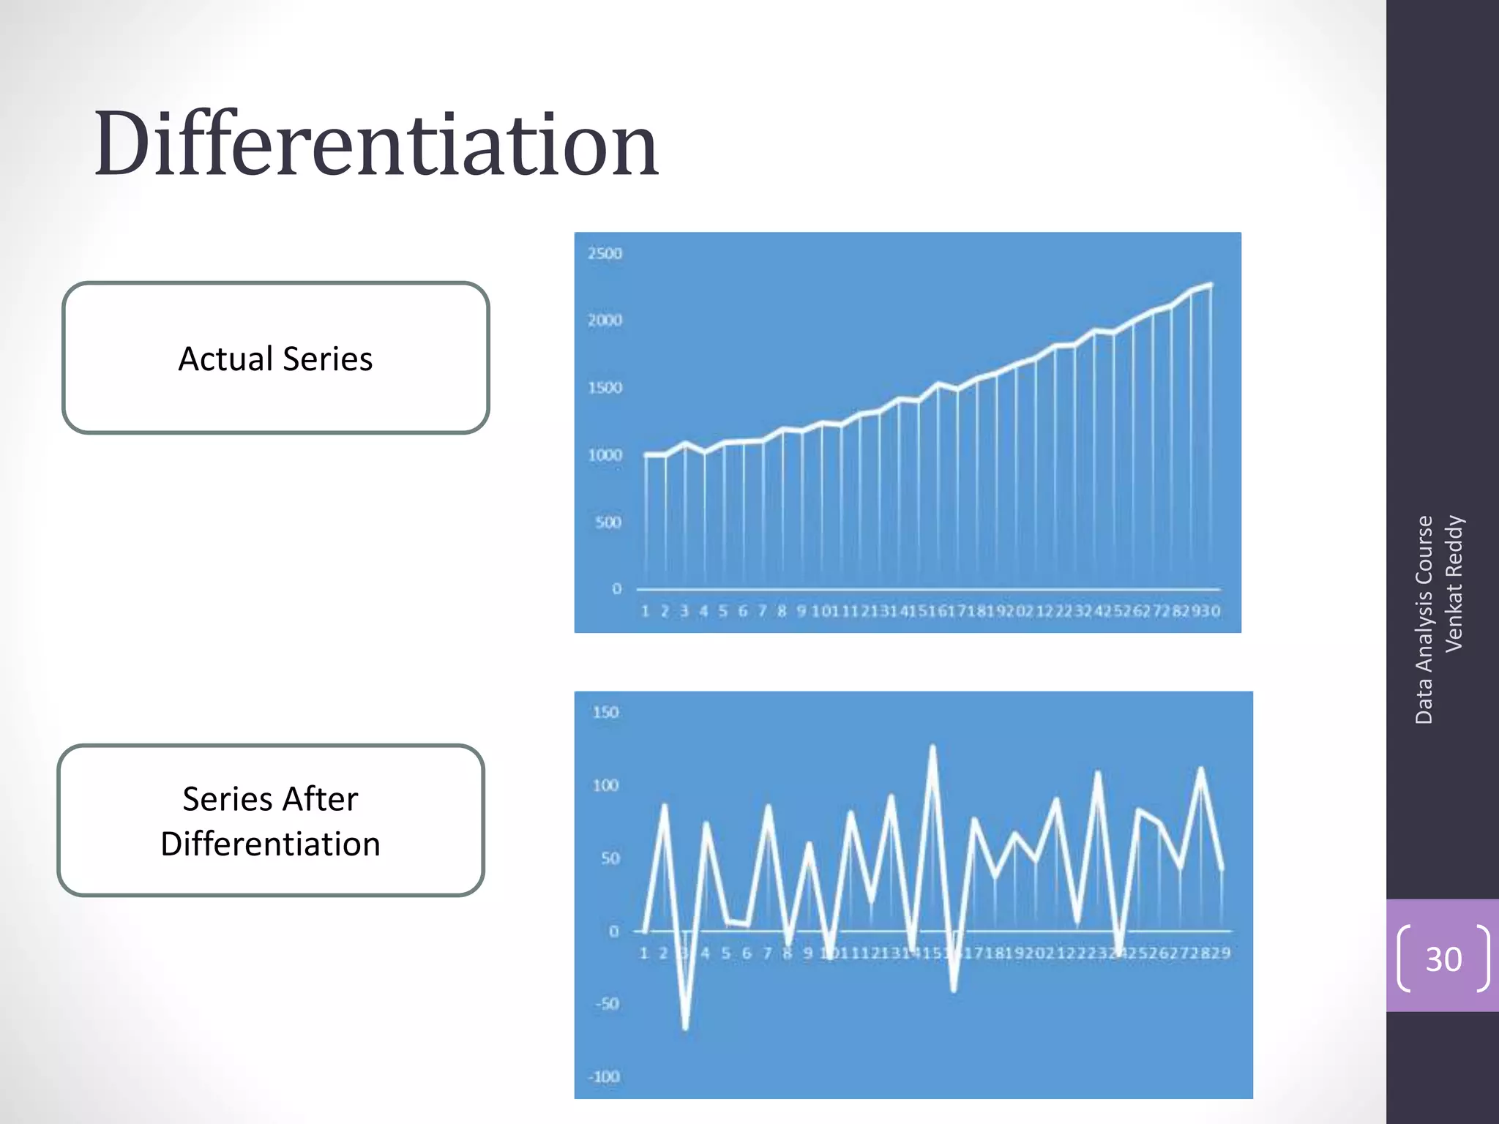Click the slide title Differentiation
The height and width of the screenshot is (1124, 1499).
376,143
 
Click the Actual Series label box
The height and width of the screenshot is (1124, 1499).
275,359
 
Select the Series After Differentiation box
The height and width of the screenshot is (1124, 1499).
271,820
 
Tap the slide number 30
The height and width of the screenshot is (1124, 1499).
1443,959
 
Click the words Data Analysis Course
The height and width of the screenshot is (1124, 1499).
1424,619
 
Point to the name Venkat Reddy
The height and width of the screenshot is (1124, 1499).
1454,582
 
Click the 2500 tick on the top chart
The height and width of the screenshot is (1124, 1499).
605,253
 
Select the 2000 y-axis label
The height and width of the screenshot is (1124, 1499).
605,320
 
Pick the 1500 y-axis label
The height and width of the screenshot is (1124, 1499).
605,387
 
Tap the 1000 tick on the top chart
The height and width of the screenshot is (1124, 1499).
605,454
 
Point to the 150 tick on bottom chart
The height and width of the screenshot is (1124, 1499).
606,712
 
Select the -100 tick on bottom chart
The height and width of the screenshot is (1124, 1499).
604,1076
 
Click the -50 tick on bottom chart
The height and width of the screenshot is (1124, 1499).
607,1003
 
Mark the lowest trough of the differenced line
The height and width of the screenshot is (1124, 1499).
686,1028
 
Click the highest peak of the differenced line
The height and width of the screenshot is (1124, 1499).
932,747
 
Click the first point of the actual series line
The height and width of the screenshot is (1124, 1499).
646,454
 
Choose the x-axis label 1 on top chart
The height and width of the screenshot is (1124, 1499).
645,611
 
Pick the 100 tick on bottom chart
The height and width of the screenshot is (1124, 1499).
606,785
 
